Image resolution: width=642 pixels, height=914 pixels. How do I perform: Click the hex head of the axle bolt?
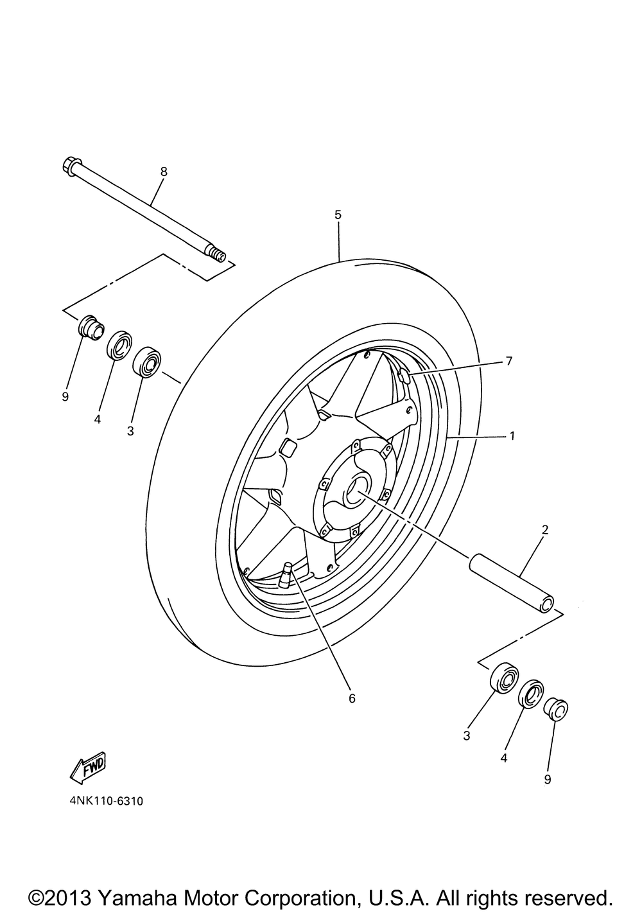click(x=71, y=166)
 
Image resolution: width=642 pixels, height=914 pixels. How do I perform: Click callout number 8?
click(x=164, y=171)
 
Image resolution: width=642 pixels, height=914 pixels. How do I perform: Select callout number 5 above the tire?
click(x=338, y=215)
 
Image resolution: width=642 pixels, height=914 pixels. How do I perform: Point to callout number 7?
click(x=508, y=361)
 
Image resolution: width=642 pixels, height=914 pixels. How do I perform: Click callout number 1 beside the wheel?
click(x=512, y=435)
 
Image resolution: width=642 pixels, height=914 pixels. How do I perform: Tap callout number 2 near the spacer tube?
click(x=544, y=530)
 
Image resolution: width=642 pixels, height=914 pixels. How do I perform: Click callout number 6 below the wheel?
click(x=351, y=698)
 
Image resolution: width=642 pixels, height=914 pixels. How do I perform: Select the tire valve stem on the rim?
click(x=285, y=572)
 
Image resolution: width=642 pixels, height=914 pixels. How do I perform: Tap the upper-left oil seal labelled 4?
click(x=119, y=346)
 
